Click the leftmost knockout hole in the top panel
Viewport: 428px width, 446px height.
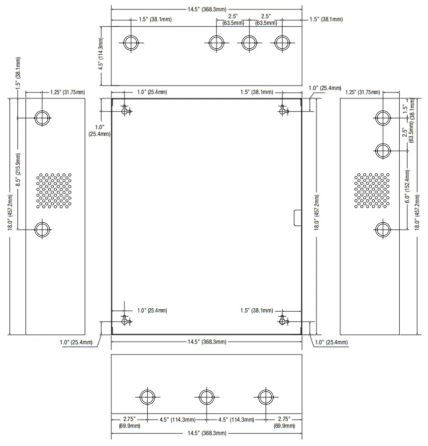[x=131, y=43]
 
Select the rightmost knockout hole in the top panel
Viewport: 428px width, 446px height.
[x=282, y=43]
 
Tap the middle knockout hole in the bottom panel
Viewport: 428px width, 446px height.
[x=207, y=397]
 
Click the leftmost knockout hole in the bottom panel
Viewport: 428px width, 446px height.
[x=147, y=397]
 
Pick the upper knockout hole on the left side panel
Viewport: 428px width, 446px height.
[x=42, y=117]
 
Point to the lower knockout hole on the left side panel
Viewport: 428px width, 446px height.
[x=42, y=230]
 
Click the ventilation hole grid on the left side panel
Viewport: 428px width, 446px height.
[x=54, y=190]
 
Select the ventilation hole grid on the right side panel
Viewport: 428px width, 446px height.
[x=372, y=190]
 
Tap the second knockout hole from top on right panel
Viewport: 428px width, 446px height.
[x=383, y=151]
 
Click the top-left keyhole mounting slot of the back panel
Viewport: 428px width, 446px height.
[x=125, y=110]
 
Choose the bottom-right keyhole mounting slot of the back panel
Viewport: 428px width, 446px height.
[x=283, y=320]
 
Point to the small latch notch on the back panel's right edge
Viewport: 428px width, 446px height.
[x=297, y=218]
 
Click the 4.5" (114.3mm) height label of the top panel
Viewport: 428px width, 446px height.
[x=101, y=54]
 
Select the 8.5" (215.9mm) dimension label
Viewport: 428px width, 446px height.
[x=18, y=170]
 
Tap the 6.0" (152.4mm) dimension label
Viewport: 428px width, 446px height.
[x=408, y=186]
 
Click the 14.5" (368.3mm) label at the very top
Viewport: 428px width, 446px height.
[x=207, y=9]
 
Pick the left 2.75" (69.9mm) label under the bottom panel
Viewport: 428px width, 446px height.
[x=129, y=423]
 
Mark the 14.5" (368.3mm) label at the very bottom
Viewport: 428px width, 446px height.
[x=207, y=433]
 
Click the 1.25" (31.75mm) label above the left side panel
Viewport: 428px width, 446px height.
[x=68, y=92]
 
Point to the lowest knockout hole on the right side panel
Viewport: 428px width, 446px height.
[x=383, y=230]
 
